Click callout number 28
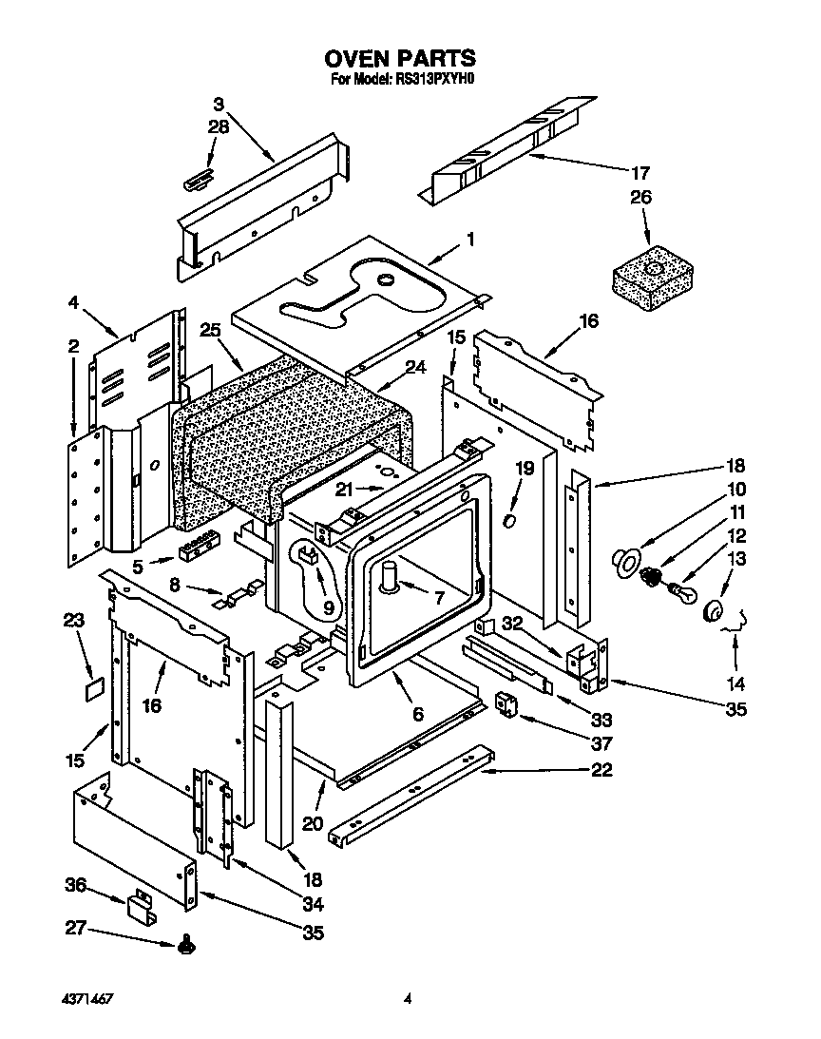[x=219, y=126]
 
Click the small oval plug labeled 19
[x=511, y=522]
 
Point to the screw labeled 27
[x=186, y=946]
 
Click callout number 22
[x=601, y=770]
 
